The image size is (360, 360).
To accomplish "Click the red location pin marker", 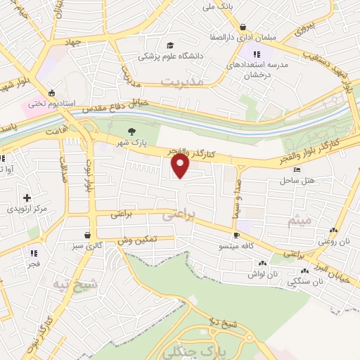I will (181, 166).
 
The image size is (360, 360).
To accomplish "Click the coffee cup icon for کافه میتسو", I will (236, 236).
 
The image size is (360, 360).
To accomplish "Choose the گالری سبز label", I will (87, 247).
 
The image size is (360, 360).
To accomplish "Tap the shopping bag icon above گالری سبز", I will (86, 235).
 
